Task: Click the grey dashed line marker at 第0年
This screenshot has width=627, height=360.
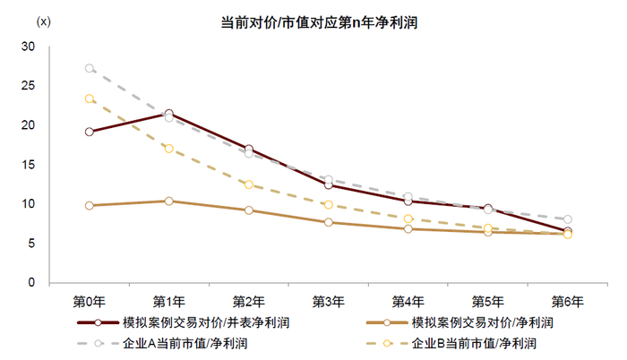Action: pyautogui.click(x=90, y=68)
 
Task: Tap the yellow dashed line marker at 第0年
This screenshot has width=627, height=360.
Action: pyautogui.click(x=90, y=99)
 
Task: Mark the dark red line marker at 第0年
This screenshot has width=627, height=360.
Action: pyautogui.click(x=90, y=132)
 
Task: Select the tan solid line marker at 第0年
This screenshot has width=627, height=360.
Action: pyautogui.click(x=90, y=205)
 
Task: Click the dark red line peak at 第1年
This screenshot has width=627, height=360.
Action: pyautogui.click(x=169, y=114)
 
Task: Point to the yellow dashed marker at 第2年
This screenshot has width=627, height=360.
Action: pyautogui.click(x=249, y=184)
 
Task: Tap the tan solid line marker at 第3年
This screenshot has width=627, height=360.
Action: pyautogui.click(x=329, y=222)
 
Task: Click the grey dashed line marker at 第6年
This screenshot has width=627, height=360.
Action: pyautogui.click(x=568, y=219)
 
